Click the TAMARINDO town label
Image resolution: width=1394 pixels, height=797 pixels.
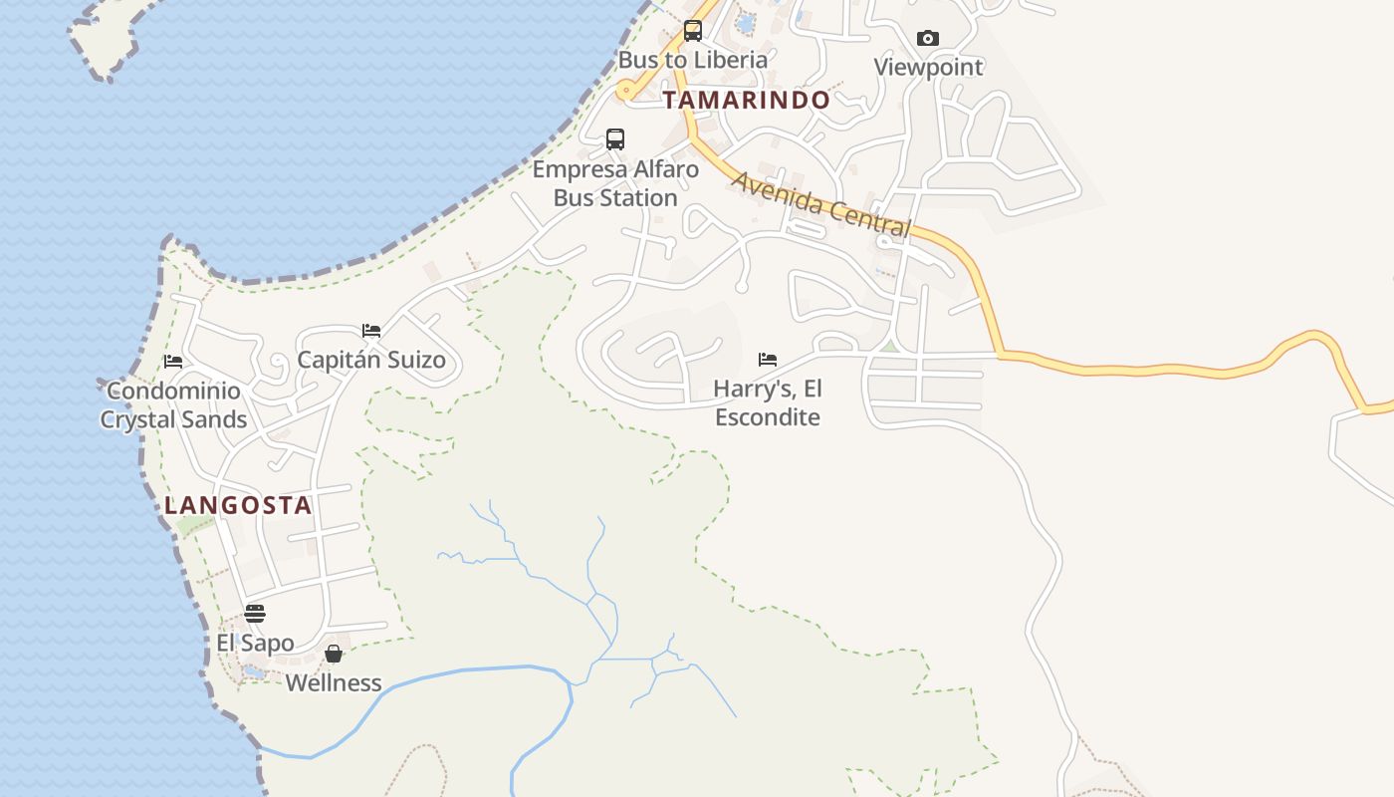coord(746,100)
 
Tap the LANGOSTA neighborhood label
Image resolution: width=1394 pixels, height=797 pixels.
coord(238,505)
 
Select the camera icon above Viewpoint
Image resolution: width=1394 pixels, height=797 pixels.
coord(928,38)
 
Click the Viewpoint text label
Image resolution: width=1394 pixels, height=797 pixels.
coord(928,67)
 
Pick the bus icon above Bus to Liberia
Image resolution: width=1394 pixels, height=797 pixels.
coord(693,31)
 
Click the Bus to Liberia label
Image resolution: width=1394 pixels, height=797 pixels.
coord(693,60)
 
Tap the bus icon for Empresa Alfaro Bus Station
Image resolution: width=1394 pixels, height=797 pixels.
coord(615,139)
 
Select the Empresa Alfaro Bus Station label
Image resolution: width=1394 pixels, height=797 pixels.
coord(615,183)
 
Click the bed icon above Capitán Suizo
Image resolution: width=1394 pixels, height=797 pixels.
coord(371,330)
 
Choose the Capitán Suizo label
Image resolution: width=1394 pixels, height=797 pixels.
coord(371,360)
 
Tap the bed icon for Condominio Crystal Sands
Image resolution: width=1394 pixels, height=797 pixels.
coord(173,361)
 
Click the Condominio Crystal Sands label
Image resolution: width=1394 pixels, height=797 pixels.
coord(173,404)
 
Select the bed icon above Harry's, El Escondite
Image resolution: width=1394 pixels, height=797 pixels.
coord(768,360)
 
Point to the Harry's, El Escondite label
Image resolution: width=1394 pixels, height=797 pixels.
coord(768,402)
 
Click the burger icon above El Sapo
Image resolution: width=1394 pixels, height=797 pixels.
coord(255,613)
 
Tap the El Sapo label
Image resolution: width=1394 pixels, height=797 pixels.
coord(255,643)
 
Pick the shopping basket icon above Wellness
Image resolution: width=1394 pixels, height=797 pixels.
coord(334,654)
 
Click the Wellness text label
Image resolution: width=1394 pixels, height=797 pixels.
coord(334,682)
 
